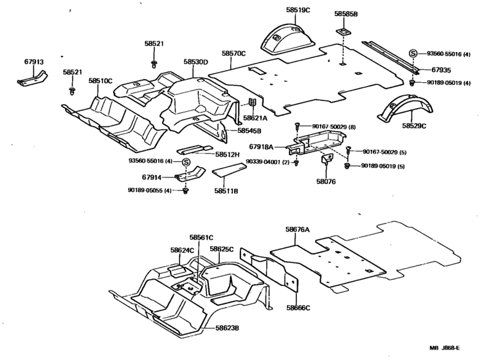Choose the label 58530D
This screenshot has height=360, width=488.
[x=195, y=62]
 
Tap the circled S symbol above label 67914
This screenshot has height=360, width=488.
[x=185, y=161]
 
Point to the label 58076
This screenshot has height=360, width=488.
[x=326, y=182]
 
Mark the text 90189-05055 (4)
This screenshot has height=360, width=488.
[x=149, y=190]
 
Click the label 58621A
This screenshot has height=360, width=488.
[x=255, y=118]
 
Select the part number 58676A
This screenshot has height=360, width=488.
[x=298, y=229]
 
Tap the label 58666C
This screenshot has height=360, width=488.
[x=298, y=308]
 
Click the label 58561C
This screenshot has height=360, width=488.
[x=201, y=237]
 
